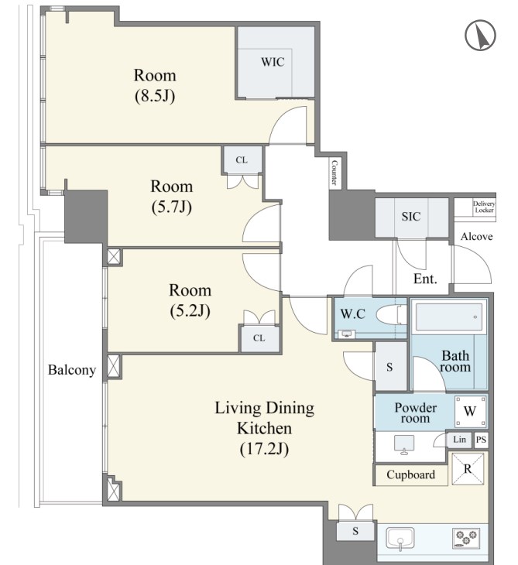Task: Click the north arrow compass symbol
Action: pyautogui.click(x=480, y=36)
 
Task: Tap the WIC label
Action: pyautogui.click(x=273, y=62)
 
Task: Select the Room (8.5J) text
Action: pyautogui.click(x=155, y=85)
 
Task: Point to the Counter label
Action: pyautogui.click(x=334, y=173)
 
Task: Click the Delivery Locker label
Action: pyautogui.click(x=484, y=207)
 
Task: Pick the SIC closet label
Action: pyautogui.click(x=411, y=216)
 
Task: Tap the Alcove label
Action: pyautogui.click(x=476, y=236)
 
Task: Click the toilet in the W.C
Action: pyautogui.click(x=391, y=314)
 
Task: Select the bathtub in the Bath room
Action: pyautogui.click(x=449, y=317)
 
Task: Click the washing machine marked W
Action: pyautogui.click(x=470, y=411)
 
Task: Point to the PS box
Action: pyautogui.click(x=481, y=440)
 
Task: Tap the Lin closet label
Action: pyautogui.click(x=459, y=440)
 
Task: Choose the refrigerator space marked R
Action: pyautogui.click(x=468, y=469)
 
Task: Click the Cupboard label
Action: pyautogui.click(x=410, y=474)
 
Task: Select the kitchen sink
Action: pyautogui.click(x=400, y=539)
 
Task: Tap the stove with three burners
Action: pyautogui.click(x=465, y=538)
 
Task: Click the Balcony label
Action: pyautogui.click(x=72, y=370)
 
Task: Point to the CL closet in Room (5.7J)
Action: pyautogui.click(x=242, y=160)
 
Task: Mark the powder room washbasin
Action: pyautogui.click(x=403, y=445)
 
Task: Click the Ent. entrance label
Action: pyautogui.click(x=425, y=279)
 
